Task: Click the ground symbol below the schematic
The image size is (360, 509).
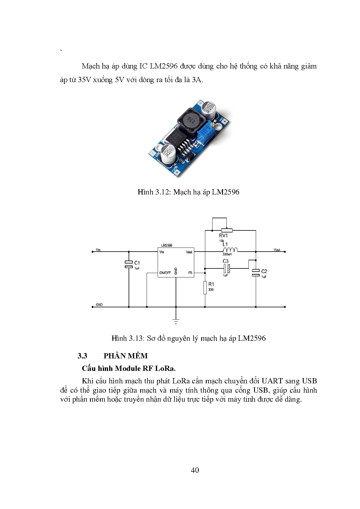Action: pyautogui.click(x=176, y=321)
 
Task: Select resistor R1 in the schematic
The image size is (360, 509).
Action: pyautogui.click(x=205, y=287)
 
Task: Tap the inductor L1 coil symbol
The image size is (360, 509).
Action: pyautogui.click(x=230, y=250)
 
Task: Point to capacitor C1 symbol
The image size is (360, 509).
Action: pyautogui.click(x=129, y=264)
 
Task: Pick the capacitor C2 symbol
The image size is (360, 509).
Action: pyautogui.click(x=256, y=272)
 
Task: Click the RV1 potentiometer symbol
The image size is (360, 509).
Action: pyautogui.click(x=226, y=230)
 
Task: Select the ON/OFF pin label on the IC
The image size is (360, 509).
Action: pyautogui.click(x=165, y=273)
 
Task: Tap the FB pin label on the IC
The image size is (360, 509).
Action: pyautogui.click(x=190, y=273)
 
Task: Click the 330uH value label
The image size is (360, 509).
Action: pyautogui.click(x=227, y=254)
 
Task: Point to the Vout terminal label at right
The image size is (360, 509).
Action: pyautogui.click(x=277, y=250)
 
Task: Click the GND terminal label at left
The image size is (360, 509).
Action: pyautogui.click(x=99, y=305)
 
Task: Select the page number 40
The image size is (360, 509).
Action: pyautogui.click(x=195, y=470)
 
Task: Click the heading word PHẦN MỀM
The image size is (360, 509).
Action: pyautogui.click(x=125, y=356)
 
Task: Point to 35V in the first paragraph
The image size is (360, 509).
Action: pyautogui.click(x=84, y=80)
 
